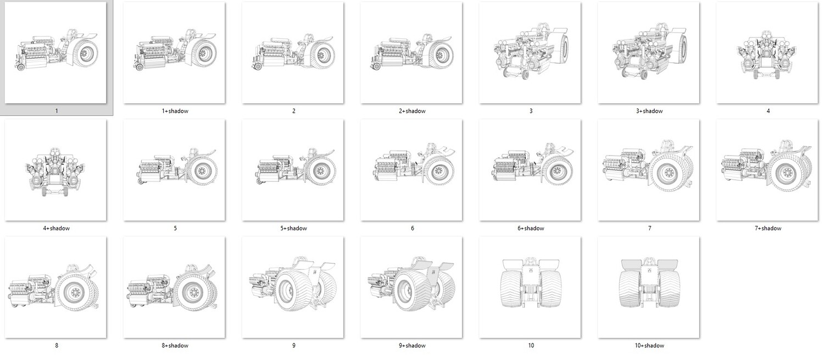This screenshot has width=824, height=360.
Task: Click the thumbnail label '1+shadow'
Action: click(175, 111)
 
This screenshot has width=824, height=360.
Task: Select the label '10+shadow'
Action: click(649, 346)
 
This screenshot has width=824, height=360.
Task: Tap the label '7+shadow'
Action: click(768, 228)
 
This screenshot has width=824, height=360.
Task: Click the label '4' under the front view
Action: click(768, 111)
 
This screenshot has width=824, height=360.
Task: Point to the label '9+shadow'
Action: click(412, 346)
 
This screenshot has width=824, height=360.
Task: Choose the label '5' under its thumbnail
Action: click(175, 228)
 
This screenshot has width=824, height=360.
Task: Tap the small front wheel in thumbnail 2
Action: click(258, 67)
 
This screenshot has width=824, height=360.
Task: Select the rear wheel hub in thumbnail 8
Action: click(76, 292)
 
